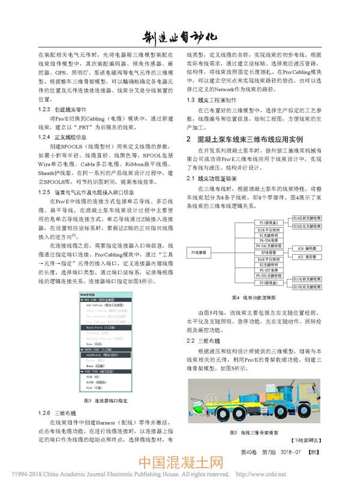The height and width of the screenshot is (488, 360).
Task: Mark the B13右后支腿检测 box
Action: point(308,288)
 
